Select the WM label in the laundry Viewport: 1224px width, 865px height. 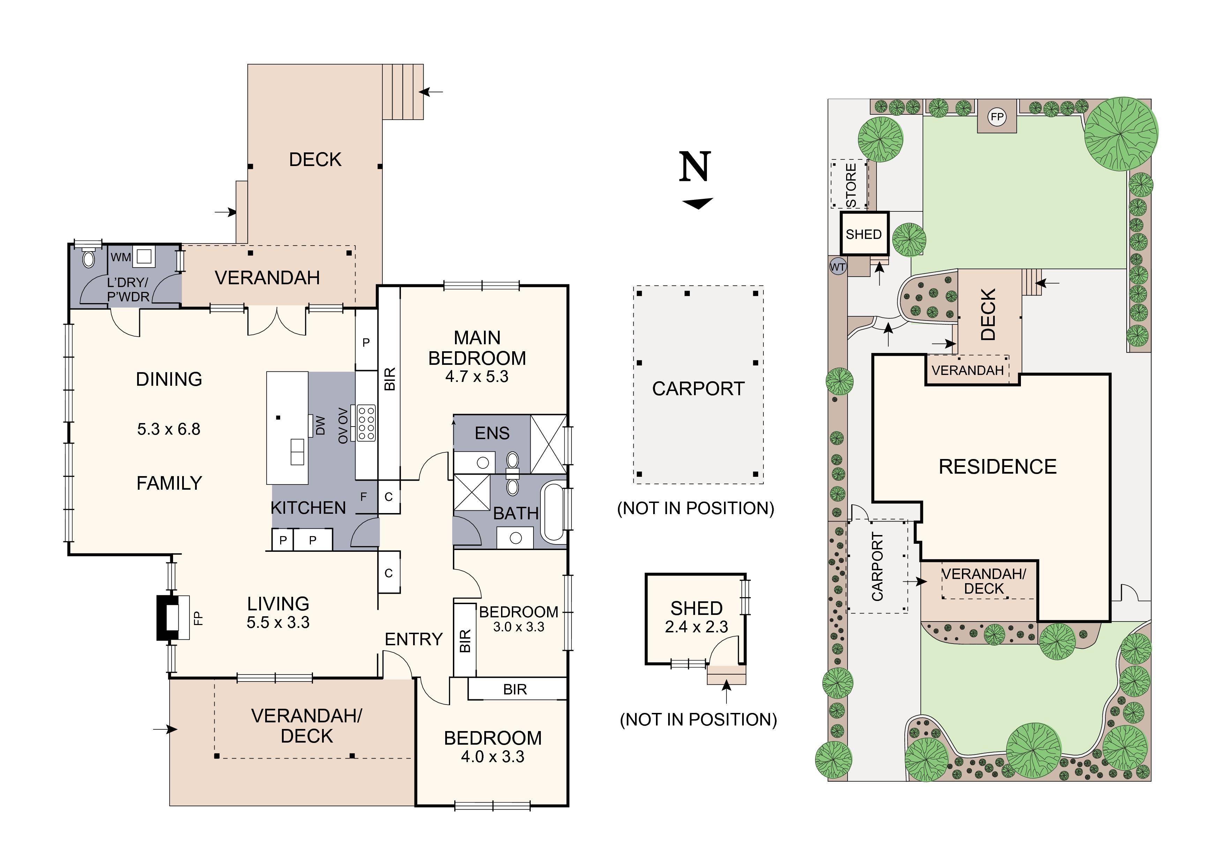coord(120,257)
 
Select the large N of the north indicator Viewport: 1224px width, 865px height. coord(695,167)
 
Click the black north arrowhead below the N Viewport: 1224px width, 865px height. coord(697,203)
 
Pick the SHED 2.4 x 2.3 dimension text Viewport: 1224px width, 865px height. coord(696,627)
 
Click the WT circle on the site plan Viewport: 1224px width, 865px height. coord(837,266)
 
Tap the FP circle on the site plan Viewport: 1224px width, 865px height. coord(997,117)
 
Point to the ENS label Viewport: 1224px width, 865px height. coord(492,433)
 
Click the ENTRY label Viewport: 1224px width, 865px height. coord(414,639)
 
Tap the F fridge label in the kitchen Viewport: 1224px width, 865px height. coord(364,497)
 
